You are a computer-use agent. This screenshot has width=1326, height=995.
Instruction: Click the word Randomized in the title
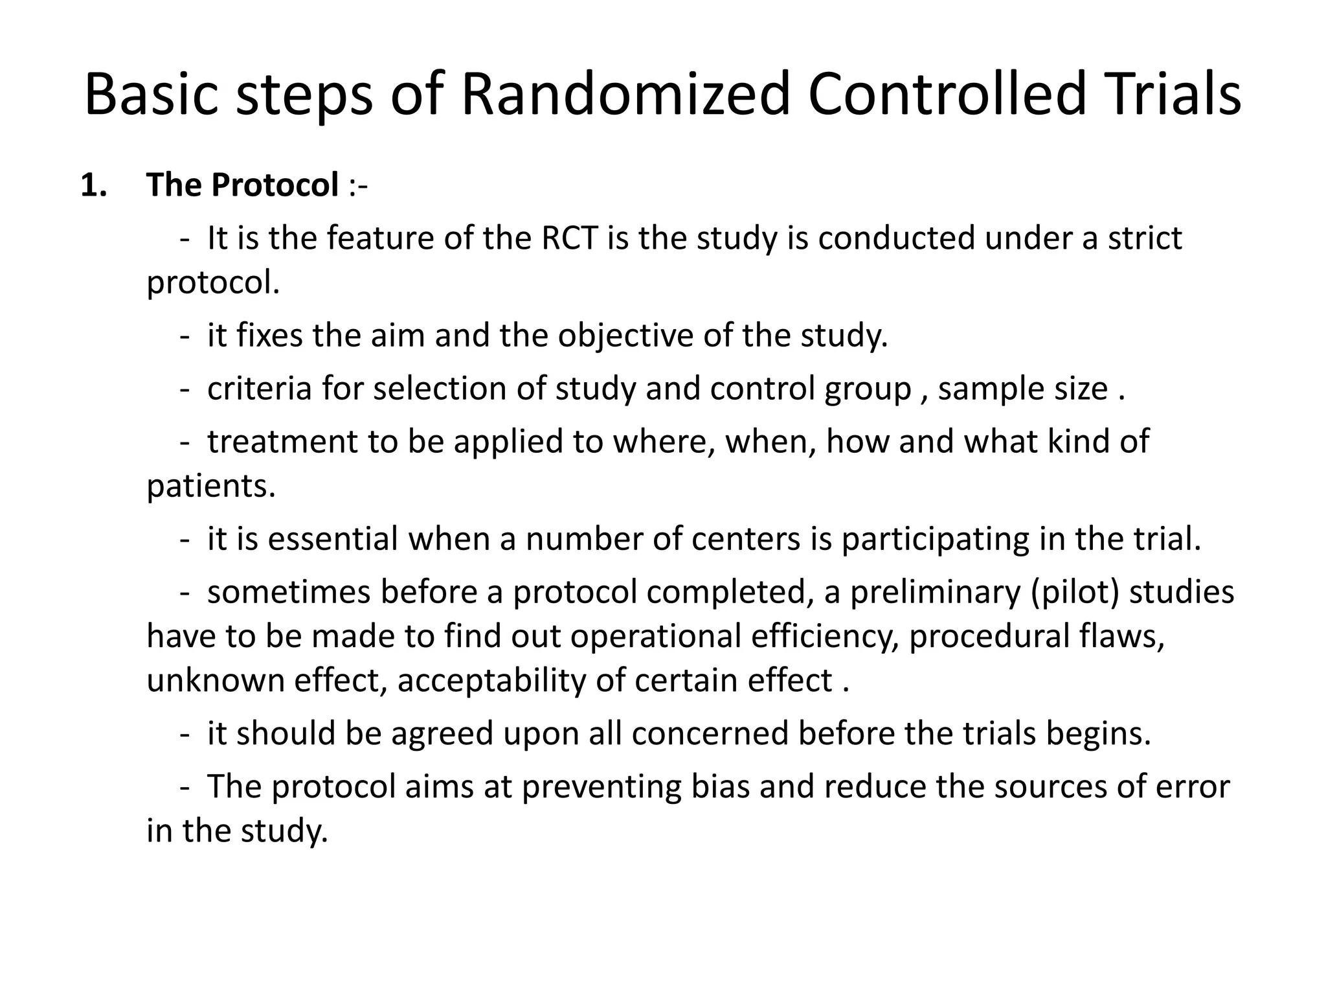(625, 95)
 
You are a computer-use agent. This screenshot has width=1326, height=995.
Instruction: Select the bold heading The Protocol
(243, 185)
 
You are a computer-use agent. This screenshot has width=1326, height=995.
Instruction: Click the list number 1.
(93, 185)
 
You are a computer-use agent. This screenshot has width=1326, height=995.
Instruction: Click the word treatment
(282, 442)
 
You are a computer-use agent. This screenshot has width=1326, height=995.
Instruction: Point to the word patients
(211, 486)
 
